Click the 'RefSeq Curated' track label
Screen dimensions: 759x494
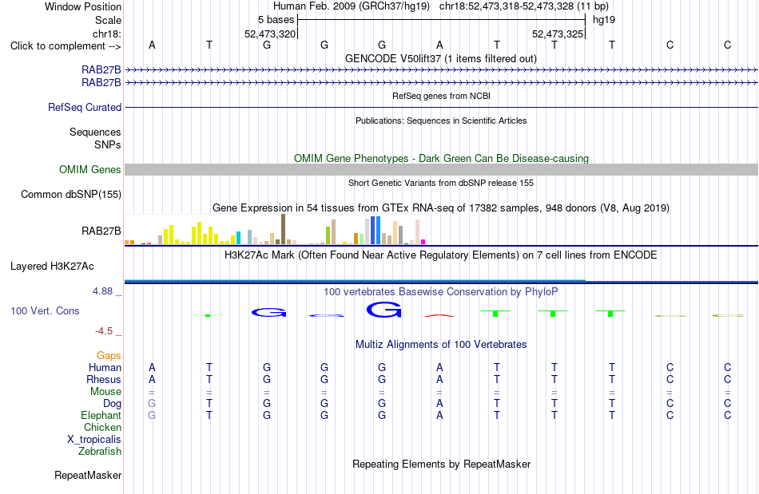(x=85, y=107)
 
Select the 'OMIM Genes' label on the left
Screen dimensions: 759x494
(x=90, y=170)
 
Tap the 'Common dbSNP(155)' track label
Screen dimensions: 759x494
(x=71, y=194)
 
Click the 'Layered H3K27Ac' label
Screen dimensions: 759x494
(x=52, y=267)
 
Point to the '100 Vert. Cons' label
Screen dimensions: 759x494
(x=45, y=310)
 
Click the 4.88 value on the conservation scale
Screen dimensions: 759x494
(x=102, y=291)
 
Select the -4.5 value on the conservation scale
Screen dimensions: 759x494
(x=104, y=331)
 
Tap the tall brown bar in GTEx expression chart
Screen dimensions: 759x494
(x=283, y=229)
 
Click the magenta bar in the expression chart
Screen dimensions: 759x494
(x=423, y=242)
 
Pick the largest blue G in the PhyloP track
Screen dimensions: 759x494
(x=383, y=310)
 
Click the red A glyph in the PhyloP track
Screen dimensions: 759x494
(x=439, y=316)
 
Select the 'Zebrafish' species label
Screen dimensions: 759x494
(x=100, y=452)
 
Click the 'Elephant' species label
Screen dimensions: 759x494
(x=101, y=416)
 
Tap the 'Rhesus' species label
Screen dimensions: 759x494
(x=104, y=380)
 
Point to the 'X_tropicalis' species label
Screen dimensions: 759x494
(x=94, y=440)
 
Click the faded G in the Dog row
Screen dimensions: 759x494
(x=152, y=404)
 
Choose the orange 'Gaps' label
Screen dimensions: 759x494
(x=109, y=356)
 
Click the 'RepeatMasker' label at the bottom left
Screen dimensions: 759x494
(x=88, y=476)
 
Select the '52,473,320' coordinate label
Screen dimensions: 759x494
(x=270, y=34)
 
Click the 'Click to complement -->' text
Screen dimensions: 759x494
(x=66, y=46)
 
